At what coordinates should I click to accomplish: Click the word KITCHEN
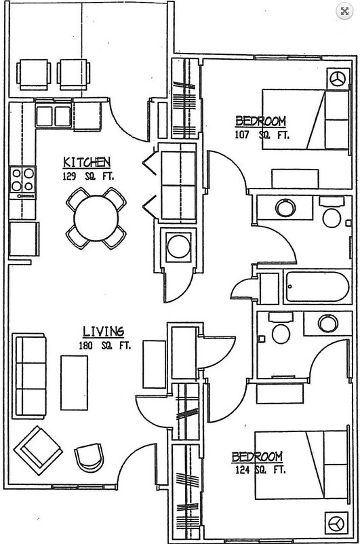click(x=87, y=162)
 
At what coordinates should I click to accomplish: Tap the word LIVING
click(x=103, y=332)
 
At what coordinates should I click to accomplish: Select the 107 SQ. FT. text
click(x=262, y=134)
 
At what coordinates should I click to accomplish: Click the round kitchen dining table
click(x=96, y=218)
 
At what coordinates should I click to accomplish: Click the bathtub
click(x=317, y=286)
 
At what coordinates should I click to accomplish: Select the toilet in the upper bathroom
click(x=332, y=214)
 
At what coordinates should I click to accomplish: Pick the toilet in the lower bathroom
click(x=281, y=329)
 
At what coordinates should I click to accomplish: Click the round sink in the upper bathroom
click(x=285, y=208)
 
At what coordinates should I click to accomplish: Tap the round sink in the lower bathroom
click(x=327, y=323)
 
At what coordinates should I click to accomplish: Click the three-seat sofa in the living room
click(x=29, y=376)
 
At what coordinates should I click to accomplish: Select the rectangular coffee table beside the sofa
click(x=74, y=383)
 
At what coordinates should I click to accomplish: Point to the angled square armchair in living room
click(x=38, y=450)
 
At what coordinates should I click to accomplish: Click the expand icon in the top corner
click(x=344, y=12)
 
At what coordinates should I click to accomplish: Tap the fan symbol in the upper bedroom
click(x=338, y=79)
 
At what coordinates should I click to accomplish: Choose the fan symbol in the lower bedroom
click(x=336, y=524)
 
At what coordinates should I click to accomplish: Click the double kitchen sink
click(x=54, y=116)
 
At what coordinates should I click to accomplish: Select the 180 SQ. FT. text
click(x=104, y=346)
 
